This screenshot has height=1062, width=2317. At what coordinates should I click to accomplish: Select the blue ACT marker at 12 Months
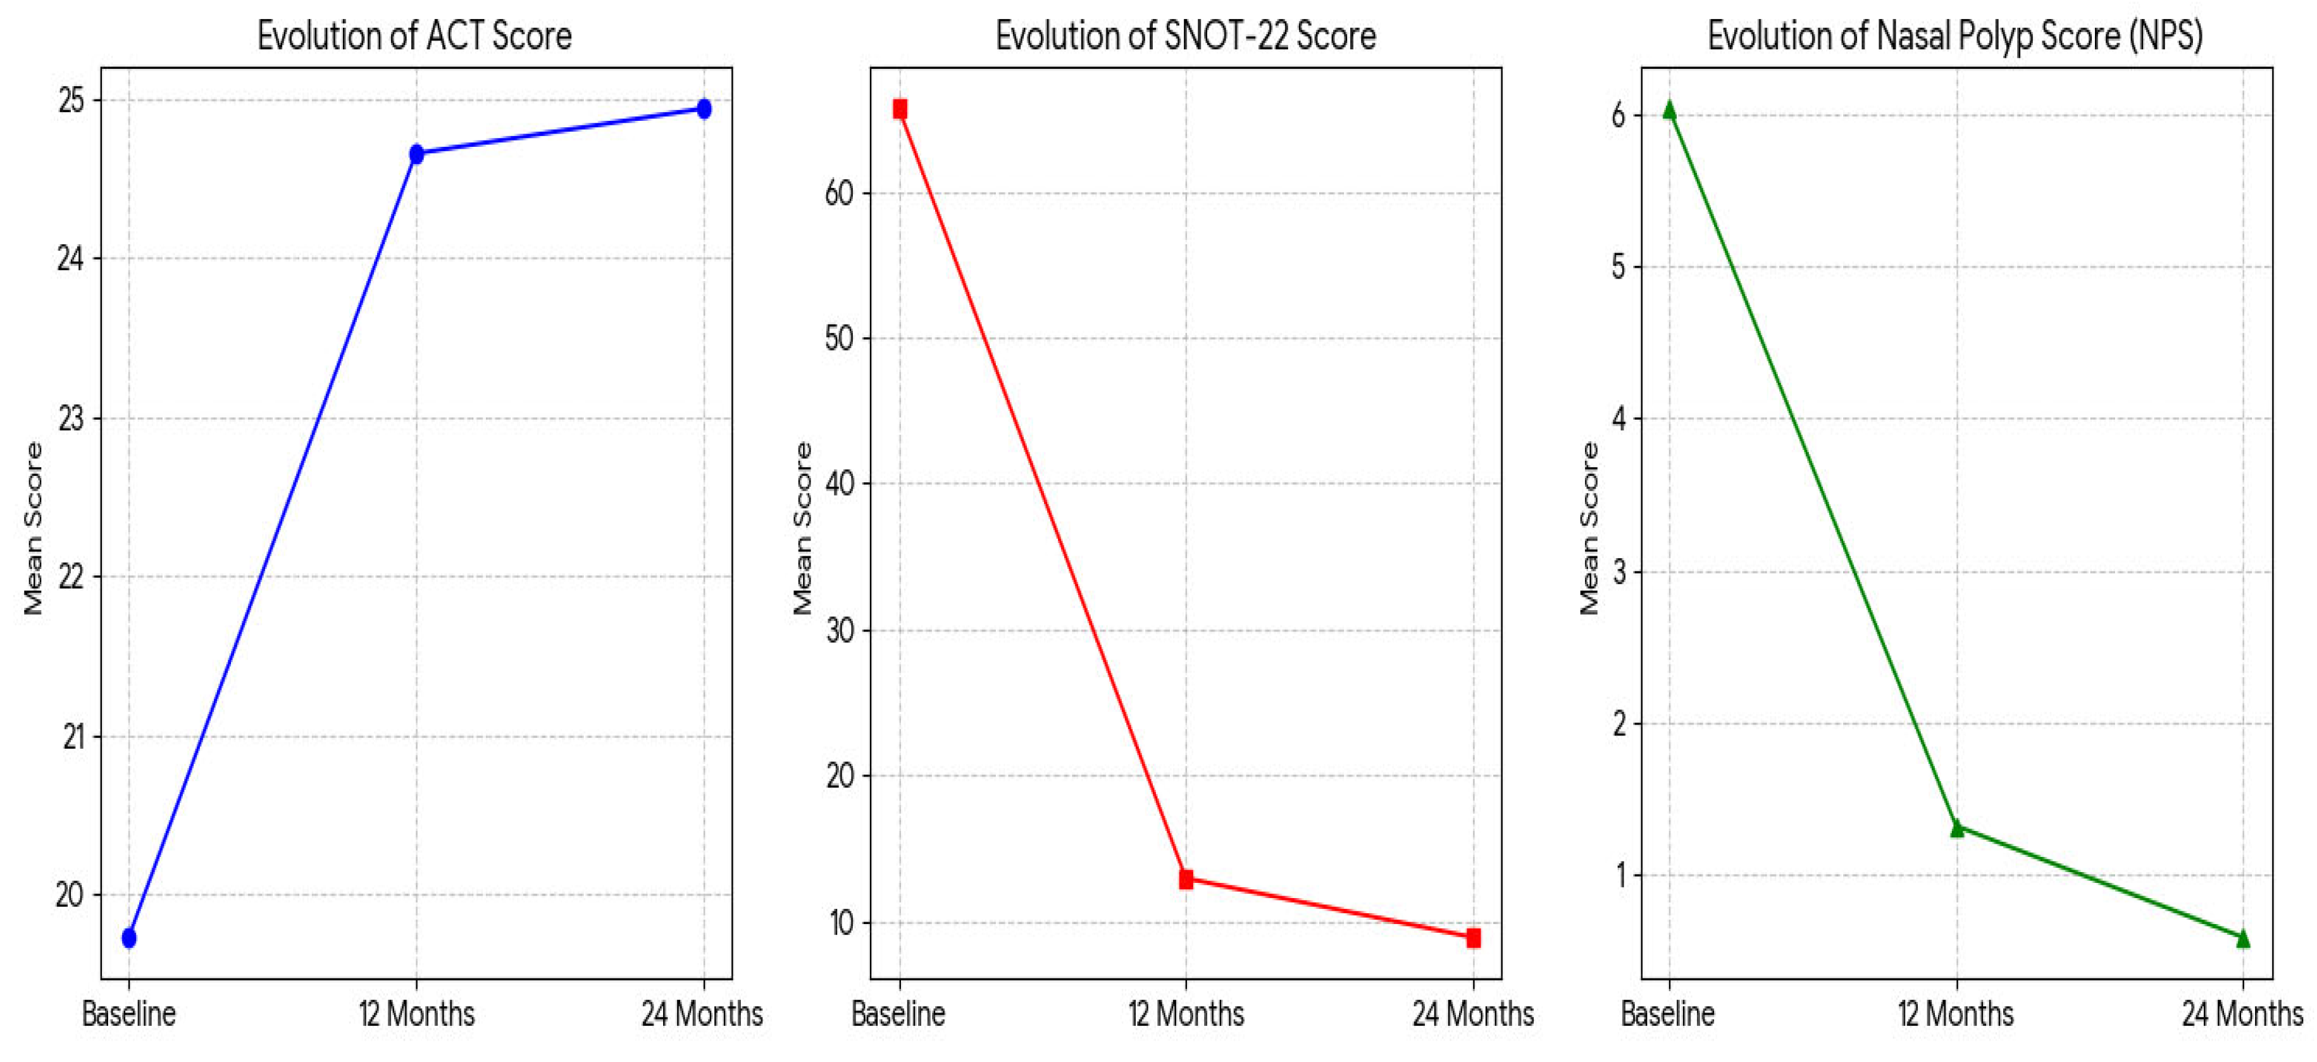(x=416, y=154)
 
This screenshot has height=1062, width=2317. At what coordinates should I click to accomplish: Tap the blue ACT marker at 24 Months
(x=704, y=109)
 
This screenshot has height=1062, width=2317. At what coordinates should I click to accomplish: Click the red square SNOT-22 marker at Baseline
(x=900, y=109)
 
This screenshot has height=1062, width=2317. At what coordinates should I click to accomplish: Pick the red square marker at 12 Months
(x=1186, y=879)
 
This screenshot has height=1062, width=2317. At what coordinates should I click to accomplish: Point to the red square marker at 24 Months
(x=1474, y=938)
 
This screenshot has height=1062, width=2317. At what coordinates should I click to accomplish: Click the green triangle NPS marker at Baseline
(x=1669, y=109)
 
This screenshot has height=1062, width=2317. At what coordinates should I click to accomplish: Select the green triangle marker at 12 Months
(x=1956, y=828)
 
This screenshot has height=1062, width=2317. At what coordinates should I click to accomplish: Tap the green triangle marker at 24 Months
(x=2243, y=939)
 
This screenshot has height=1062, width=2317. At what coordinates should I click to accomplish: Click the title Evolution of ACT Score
(x=414, y=36)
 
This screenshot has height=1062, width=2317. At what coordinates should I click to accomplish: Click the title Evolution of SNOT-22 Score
(x=1186, y=36)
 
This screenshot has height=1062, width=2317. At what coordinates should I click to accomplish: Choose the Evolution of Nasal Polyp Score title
(x=1956, y=36)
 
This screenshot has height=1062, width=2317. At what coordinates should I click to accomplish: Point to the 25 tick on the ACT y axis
(x=72, y=101)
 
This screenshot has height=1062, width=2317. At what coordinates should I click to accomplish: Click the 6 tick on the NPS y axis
(x=1619, y=115)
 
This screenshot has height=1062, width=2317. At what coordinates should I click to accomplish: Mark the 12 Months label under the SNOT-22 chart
(x=1186, y=1015)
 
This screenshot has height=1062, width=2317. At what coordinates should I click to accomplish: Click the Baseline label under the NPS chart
(x=1668, y=1015)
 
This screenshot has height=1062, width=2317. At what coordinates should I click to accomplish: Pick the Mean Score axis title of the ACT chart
(x=34, y=528)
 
